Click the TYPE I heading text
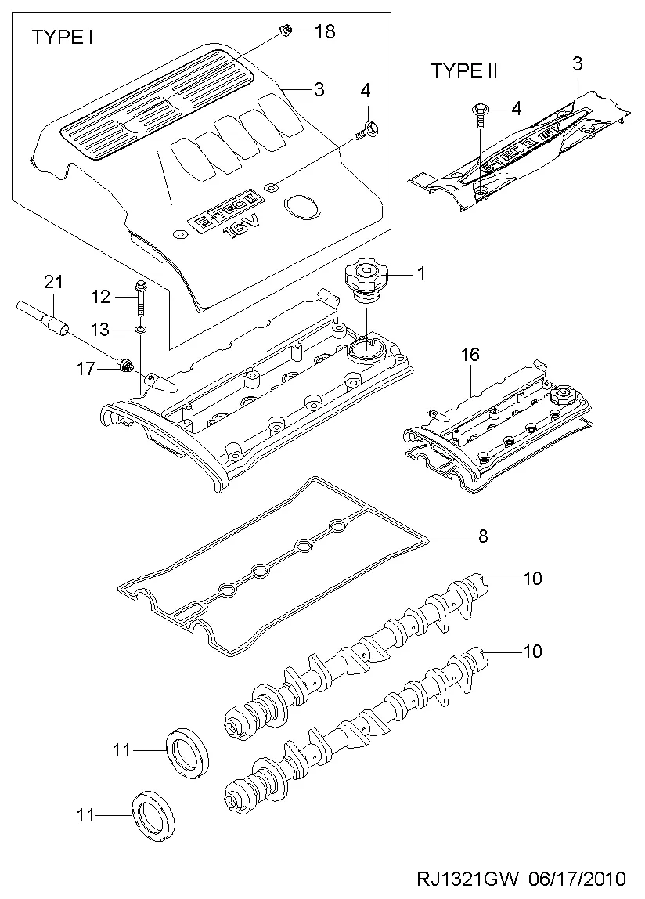tap(63, 37)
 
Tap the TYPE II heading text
tap(464, 71)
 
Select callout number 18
tap(324, 31)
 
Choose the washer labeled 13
tap(139, 329)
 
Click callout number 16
tap(469, 356)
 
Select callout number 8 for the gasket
tap(482, 536)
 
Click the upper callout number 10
tap(532, 579)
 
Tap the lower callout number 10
tap(532, 651)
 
